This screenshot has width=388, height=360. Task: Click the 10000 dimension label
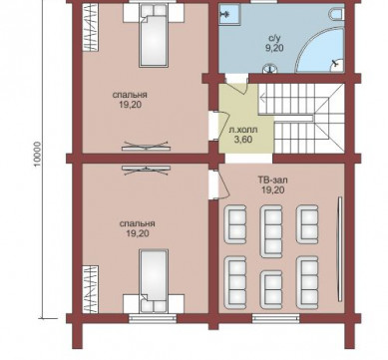click(38, 154)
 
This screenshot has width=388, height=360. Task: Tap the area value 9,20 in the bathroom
click(274, 48)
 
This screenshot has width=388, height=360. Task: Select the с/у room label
click(274, 39)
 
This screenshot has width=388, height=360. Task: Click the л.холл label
click(243, 130)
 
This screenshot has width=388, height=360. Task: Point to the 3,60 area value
click(243, 140)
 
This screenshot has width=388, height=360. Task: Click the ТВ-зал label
click(272, 180)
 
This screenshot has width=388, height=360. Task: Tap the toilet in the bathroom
click(337, 14)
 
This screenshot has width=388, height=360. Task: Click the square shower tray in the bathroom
click(228, 14)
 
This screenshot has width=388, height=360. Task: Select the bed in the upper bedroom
click(154, 36)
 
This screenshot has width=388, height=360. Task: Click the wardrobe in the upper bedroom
click(90, 28)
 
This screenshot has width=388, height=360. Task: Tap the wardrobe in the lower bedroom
click(90, 289)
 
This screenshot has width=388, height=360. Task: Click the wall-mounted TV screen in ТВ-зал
click(340, 249)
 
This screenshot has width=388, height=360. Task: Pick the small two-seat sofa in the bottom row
click(271, 289)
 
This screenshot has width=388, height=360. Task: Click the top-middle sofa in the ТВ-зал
click(271, 231)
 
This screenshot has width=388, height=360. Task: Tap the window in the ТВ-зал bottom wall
click(275, 319)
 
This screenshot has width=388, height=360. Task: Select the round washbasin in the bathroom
click(269, 69)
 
